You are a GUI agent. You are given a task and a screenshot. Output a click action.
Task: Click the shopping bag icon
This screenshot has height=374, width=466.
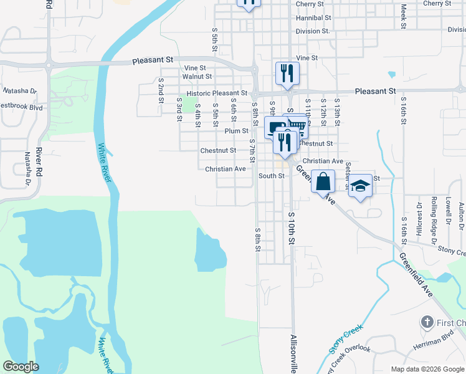323,182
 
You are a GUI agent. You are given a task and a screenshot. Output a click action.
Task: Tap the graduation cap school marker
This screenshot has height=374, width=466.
360,185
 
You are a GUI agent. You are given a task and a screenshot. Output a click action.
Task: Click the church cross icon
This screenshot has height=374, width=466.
427,322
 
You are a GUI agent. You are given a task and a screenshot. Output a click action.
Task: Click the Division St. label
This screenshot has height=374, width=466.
313,31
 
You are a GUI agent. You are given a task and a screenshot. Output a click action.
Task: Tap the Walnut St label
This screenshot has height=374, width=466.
197,76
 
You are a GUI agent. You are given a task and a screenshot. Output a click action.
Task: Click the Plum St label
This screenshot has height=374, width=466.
237,131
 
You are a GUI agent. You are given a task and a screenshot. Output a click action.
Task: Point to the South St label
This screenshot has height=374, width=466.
272,176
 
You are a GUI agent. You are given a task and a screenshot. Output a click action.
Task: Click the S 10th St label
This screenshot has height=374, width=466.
291,227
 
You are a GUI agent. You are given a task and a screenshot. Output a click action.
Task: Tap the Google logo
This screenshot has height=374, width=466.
21,367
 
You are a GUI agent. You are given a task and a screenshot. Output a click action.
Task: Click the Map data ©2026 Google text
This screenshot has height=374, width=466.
427,369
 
